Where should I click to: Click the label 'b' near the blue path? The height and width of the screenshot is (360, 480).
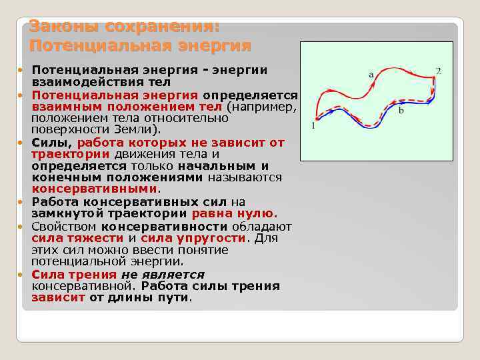(401, 111)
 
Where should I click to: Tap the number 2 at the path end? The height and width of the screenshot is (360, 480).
(438, 71)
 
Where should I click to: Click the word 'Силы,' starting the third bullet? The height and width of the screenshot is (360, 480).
(53, 142)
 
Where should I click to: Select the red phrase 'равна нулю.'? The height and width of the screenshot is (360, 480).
(234, 214)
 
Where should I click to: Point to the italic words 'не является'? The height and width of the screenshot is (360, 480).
(163, 274)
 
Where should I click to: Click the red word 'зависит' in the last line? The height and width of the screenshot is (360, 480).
(58, 298)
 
